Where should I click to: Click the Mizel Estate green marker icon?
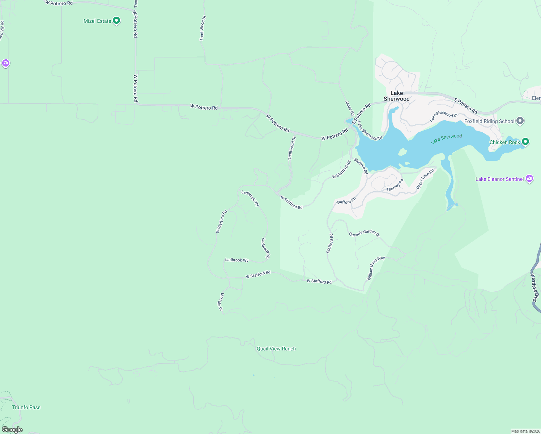(x=116, y=21)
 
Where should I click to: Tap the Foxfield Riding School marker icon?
(x=520, y=121)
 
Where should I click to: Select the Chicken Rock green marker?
(x=525, y=142)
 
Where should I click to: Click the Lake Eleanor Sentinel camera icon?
(x=529, y=179)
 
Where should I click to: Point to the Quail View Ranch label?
(x=276, y=349)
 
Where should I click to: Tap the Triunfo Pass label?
(x=26, y=407)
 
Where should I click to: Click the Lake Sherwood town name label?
(x=396, y=96)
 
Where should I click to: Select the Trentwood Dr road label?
(x=292, y=148)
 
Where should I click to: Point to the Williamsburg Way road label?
(x=376, y=268)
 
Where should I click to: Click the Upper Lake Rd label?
(x=425, y=179)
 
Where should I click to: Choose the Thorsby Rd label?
(x=395, y=185)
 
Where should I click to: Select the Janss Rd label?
(x=349, y=108)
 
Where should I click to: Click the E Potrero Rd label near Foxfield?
(x=466, y=106)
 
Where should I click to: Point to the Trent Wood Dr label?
(x=203, y=28)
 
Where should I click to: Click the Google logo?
(x=12, y=430)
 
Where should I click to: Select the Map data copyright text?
(x=525, y=431)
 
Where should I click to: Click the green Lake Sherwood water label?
(x=446, y=139)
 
